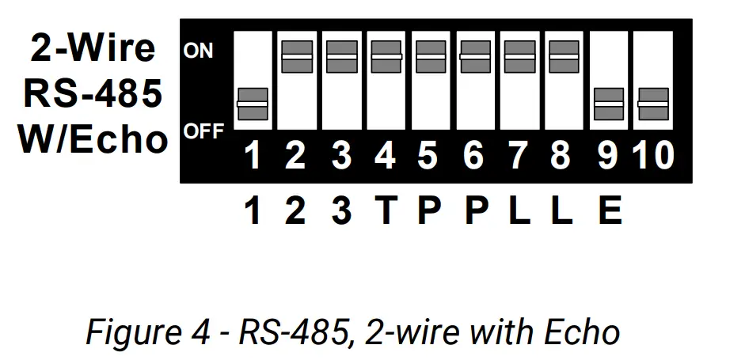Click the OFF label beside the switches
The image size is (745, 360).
[x=203, y=131]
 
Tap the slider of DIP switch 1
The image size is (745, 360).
[x=253, y=104]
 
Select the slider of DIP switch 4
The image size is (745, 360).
[x=386, y=57]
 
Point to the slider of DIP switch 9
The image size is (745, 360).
[x=608, y=104]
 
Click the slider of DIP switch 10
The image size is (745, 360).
[x=652, y=104]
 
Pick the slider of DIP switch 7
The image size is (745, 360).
[x=519, y=57]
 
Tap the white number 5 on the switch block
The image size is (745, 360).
[x=428, y=156]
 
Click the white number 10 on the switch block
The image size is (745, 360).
[x=652, y=156]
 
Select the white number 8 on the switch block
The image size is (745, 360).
[x=561, y=156]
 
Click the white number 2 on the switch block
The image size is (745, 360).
[x=295, y=156]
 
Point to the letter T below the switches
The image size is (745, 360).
[x=385, y=211]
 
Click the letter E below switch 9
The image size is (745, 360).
[x=609, y=211]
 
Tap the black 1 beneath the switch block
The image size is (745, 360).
[x=253, y=211]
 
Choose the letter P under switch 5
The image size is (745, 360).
[x=428, y=211]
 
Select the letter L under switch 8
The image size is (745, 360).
[x=561, y=211]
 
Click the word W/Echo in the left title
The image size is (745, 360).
[x=93, y=140]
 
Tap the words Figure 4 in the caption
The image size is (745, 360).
[x=139, y=332]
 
